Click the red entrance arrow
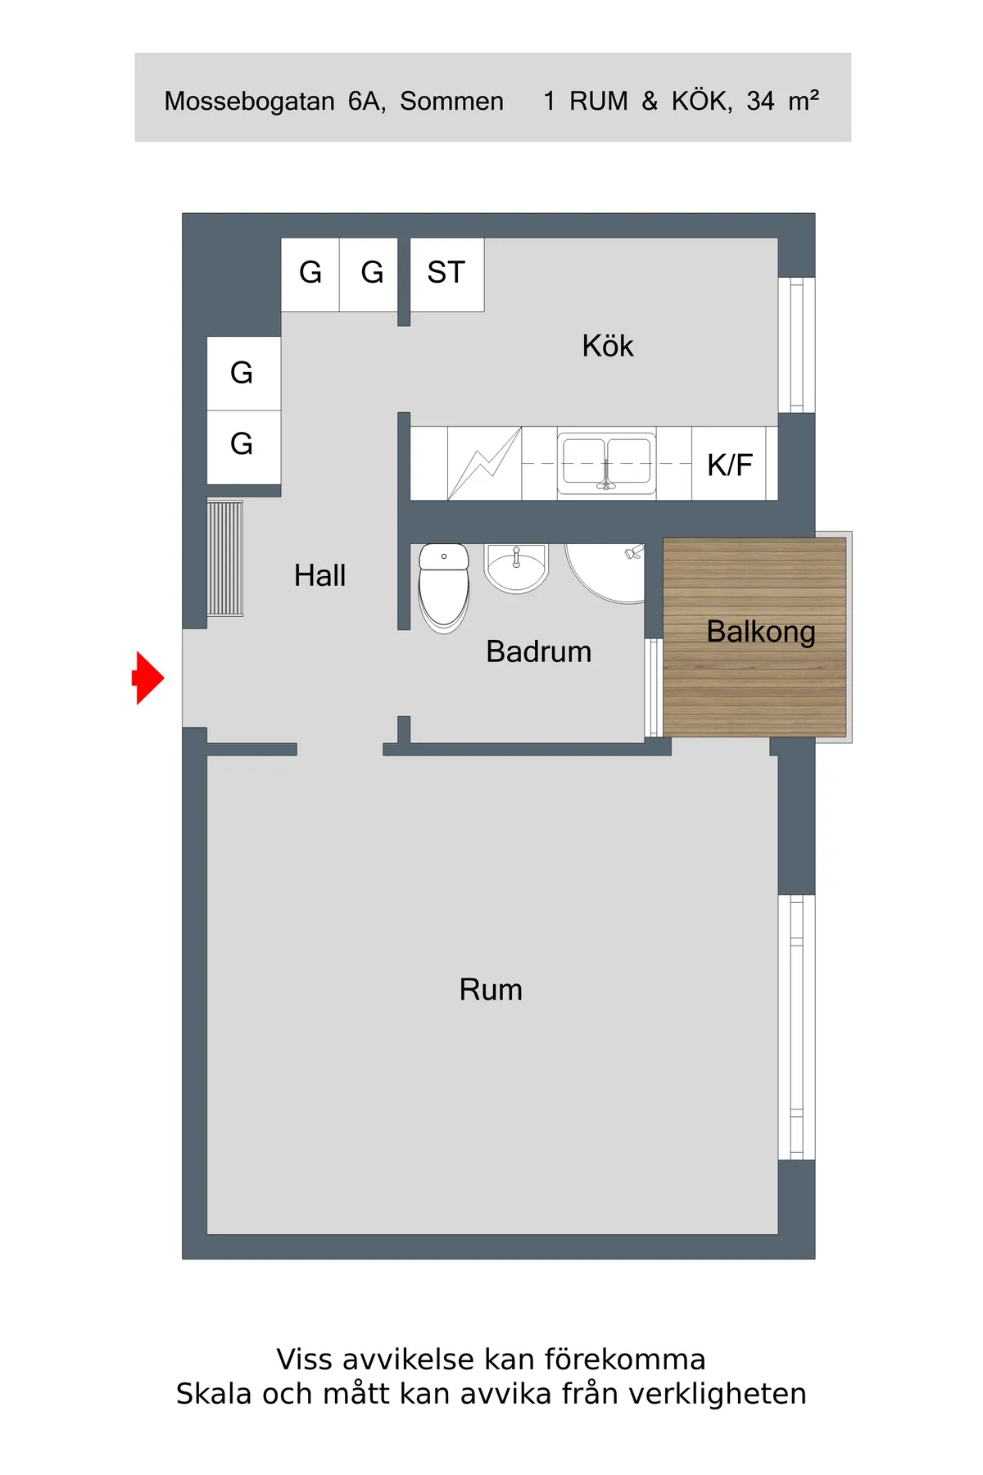(x=149, y=678)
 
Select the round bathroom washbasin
(x=516, y=566)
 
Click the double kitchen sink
(x=606, y=463)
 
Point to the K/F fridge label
(x=730, y=465)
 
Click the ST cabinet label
(x=446, y=273)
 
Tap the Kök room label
(x=608, y=346)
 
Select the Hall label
(x=319, y=575)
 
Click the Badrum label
(x=538, y=651)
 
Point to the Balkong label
(x=761, y=632)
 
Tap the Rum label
(x=491, y=990)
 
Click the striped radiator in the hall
(x=225, y=558)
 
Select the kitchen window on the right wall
(x=796, y=345)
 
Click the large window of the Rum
(x=796, y=1027)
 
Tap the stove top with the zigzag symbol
(x=484, y=463)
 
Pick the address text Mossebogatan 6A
(x=274, y=101)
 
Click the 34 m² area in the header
(x=782, y=100)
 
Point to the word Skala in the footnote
(x=215, y=1394)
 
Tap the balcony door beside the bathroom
(x=653, y=687)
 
